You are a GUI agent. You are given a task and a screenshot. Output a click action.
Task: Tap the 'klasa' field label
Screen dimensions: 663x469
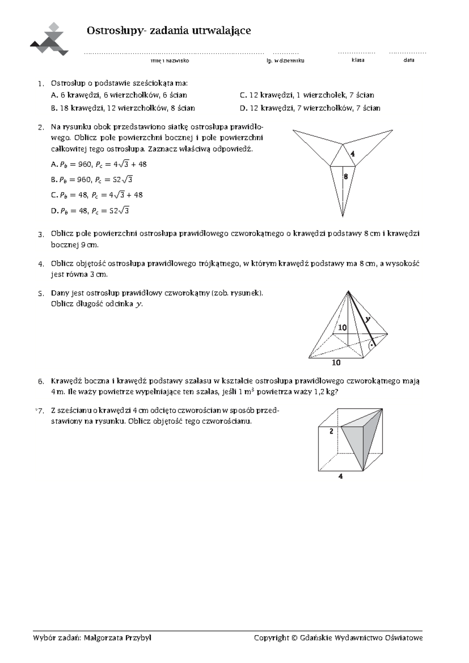358,60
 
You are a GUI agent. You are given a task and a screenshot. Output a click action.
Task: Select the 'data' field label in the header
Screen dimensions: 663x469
409,60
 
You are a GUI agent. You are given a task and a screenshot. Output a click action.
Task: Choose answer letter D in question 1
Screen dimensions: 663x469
243,108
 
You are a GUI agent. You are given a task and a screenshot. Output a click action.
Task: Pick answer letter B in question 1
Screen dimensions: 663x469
54,108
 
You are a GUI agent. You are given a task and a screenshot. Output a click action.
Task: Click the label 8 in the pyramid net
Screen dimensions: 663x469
345,177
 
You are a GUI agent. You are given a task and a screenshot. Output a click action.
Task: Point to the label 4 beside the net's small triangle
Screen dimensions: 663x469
353,154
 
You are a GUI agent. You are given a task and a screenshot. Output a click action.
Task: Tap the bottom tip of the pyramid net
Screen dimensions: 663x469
343,215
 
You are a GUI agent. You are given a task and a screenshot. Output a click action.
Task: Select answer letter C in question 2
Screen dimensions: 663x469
54,195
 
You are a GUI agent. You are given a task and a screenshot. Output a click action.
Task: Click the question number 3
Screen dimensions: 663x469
40,235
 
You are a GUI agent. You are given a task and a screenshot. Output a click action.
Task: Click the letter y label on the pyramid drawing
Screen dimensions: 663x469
367,319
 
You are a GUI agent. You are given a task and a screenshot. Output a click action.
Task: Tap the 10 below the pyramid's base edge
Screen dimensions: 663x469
336,363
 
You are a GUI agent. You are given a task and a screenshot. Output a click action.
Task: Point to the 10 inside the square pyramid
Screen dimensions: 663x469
342,328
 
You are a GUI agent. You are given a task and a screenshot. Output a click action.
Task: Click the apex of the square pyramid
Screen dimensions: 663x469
348,292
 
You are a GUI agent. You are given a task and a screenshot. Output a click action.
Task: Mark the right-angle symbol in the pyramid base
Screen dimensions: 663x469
372,345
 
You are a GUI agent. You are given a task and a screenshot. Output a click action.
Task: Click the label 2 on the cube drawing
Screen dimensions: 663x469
331,432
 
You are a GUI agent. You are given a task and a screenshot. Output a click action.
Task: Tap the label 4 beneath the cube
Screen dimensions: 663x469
341,477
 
